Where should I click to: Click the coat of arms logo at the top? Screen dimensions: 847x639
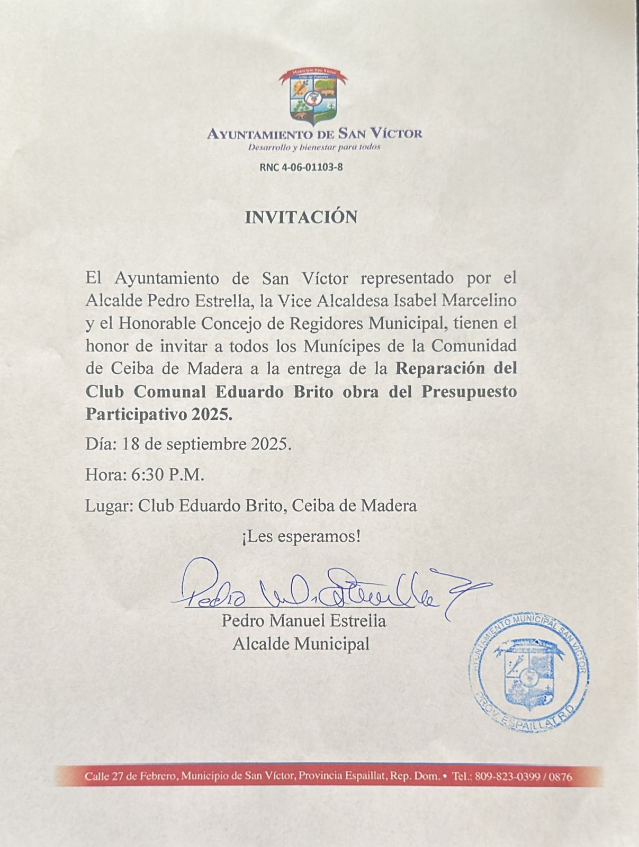(312, 96)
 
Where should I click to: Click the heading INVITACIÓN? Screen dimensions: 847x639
(301, 217)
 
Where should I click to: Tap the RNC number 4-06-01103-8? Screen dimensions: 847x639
(301, 167)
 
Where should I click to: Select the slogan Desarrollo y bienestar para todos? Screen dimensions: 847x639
(314, 147)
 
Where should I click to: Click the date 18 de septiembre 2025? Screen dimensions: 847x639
(206, 444)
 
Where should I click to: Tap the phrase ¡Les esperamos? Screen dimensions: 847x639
(301, 537)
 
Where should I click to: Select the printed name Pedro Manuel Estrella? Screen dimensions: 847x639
(304, 620)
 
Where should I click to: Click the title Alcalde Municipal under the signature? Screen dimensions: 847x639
(301, 644)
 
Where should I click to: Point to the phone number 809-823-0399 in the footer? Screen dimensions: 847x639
(507, 777)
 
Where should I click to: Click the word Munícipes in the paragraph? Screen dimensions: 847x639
(337, 346)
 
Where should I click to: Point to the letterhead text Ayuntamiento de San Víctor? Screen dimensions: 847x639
(314, 133)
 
